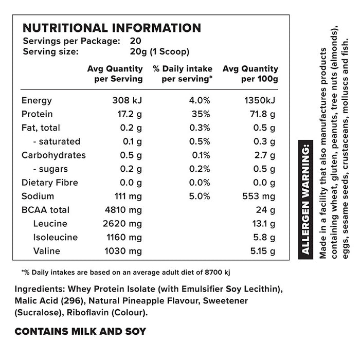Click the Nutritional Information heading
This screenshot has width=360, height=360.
(112, 28)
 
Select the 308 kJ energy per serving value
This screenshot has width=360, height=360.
(127, 101)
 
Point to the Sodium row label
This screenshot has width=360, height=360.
(37, 196)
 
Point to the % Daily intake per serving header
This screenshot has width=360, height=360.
(183, 74)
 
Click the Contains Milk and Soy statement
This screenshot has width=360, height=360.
(80, 332)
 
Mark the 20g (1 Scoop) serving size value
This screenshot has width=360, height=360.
(160, 51)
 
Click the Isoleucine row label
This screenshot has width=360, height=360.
(55, 238)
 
